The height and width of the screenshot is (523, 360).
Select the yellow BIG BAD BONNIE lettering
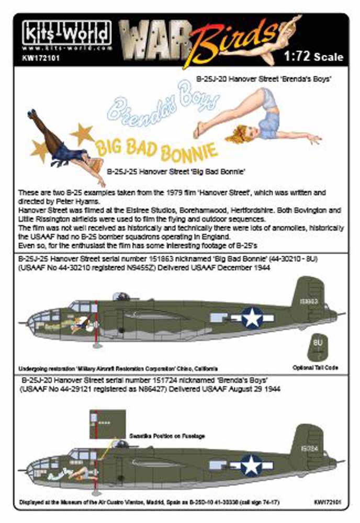click(157, 147)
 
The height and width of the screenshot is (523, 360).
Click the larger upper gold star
click(83, 133)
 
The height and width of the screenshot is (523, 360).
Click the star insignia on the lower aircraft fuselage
click(251, 464)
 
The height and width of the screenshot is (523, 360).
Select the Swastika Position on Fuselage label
click(167, 436)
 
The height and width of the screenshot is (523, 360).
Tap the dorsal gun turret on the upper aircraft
click(121, 297)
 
